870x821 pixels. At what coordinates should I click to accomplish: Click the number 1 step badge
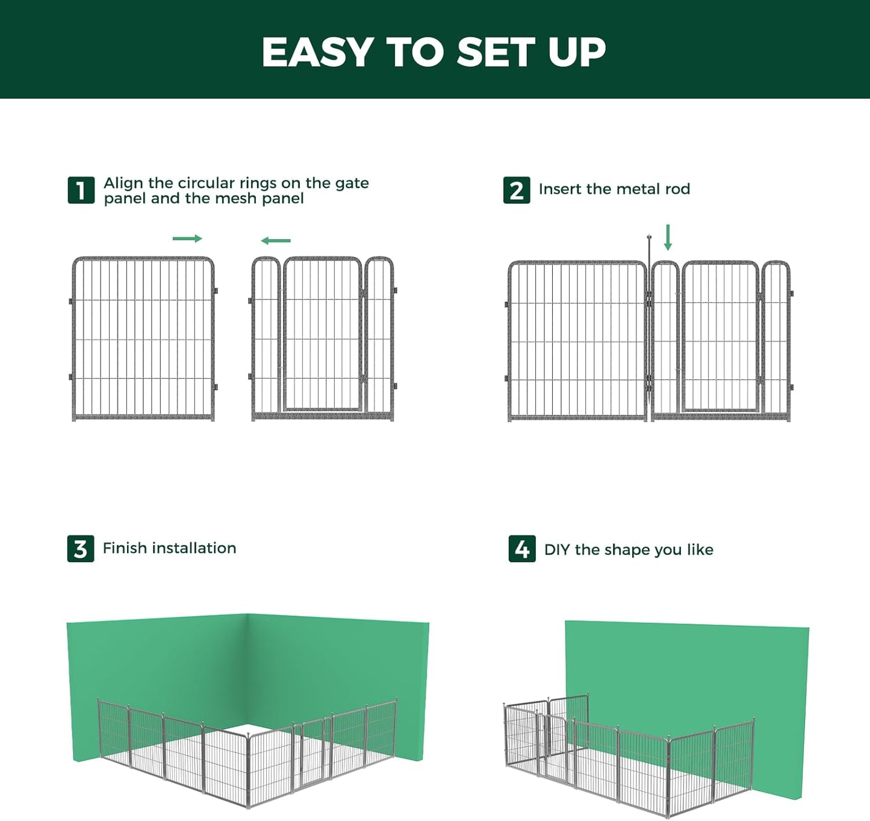81,190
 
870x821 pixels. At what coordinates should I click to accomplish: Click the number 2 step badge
517,190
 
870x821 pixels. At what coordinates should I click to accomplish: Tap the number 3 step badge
81,549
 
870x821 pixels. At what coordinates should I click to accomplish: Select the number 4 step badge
522,549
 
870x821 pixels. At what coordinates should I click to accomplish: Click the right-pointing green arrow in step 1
187,239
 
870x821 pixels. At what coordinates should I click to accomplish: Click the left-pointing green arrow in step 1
276,240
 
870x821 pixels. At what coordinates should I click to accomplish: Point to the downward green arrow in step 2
668,237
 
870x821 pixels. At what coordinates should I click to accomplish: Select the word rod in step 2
677,189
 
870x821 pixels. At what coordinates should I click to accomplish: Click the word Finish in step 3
125,548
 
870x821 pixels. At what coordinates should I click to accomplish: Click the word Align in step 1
123,183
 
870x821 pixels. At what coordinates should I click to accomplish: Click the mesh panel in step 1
143,339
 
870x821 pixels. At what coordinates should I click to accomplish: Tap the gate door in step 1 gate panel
323,335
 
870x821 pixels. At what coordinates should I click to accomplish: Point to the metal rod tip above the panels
649,238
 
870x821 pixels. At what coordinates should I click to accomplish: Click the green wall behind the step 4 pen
686,669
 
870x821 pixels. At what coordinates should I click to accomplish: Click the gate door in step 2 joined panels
720,337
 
